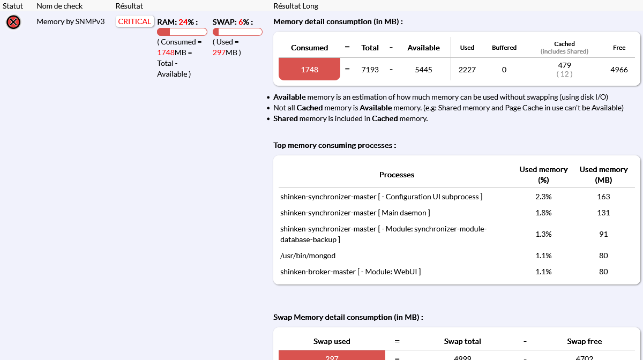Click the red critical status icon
[13, 22]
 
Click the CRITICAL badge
[134, 21]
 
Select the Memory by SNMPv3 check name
[70, 21]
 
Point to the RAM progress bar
[182, 32]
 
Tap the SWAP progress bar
[237, 32]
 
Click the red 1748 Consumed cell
[309, 69]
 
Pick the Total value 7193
[370, 69]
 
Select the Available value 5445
[423, 69]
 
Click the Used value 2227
[467, 69]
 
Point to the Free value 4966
[619, 69]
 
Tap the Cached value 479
[564, 65]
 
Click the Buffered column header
[504, 48]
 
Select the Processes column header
[397, 175]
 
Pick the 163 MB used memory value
[603, 197]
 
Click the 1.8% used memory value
[543, 213]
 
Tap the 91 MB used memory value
[603, 234]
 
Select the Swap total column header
[462, 341]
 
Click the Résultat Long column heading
[296, 6]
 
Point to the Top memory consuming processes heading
[334, 145]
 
